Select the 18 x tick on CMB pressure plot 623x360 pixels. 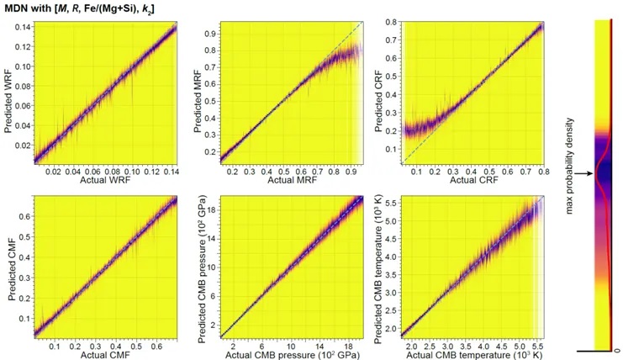[x=347, y=344]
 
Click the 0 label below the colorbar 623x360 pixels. [x=618, y=348]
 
